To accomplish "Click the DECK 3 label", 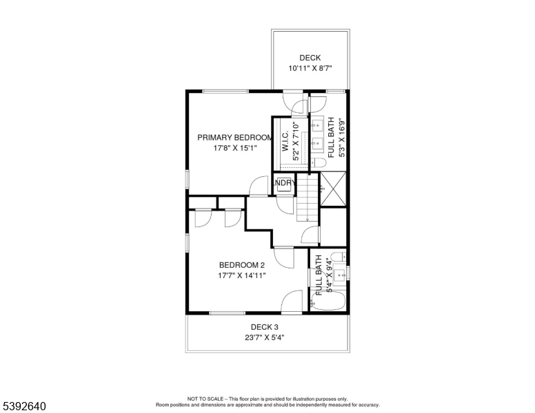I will [264, 326].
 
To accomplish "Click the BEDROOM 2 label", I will [241, 265].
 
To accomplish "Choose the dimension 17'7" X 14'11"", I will [241, 275].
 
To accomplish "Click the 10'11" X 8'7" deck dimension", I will [310, 69].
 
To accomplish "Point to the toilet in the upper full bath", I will [319, 163].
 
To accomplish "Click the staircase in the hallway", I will [309, 200].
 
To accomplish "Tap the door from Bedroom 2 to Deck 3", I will [292, 303].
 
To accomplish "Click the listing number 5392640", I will [23, 406].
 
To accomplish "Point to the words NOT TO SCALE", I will [208, 399].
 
